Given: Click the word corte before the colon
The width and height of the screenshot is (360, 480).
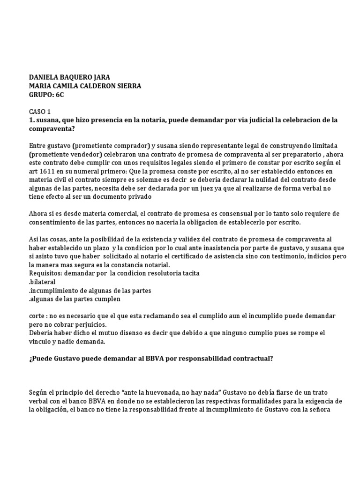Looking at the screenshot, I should pos(38,316).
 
